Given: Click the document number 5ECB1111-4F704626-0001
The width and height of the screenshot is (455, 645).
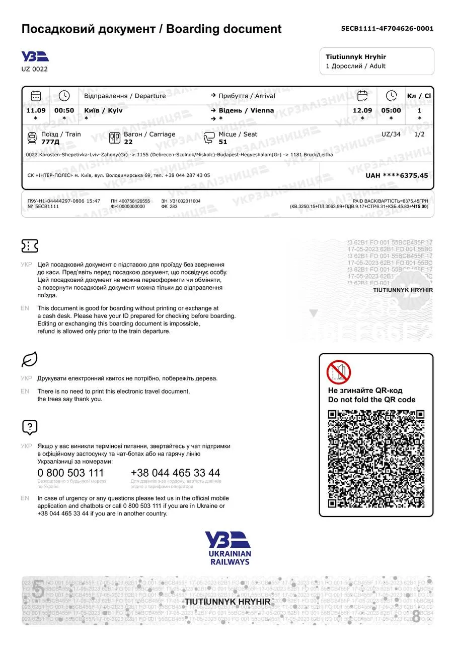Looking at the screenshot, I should (x=387, y=29).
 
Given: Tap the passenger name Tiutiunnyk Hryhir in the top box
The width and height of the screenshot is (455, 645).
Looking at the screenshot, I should (x=356, y=57).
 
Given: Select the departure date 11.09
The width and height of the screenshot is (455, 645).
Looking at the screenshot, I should (x=36, y=110).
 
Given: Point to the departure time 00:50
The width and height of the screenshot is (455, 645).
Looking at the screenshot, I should (x=64, y=110).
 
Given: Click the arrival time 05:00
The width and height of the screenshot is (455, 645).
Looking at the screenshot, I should (x=391, y=110).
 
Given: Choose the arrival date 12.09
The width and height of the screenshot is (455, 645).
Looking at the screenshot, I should (x=362, y=110).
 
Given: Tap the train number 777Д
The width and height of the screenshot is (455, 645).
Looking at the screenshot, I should (x=50, y=142).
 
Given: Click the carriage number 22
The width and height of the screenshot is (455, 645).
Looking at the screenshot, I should (x=128, y=142).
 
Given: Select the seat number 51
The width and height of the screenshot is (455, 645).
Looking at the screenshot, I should (x=223, y=142).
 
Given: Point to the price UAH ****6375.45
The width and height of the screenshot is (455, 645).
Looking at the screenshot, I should (x=397, y=175).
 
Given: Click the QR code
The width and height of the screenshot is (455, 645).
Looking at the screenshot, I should (x=376, y=459).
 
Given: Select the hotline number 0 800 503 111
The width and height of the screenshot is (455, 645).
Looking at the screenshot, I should (x=71, y=473).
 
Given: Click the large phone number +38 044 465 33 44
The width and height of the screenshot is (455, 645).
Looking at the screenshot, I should (x=175, y=473).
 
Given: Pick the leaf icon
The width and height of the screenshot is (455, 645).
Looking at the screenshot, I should (x=30, y=359).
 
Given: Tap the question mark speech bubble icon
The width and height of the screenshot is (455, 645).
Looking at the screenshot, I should (x=30, y=427).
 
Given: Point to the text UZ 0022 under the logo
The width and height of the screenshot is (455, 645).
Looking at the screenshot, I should (x=35, y=69).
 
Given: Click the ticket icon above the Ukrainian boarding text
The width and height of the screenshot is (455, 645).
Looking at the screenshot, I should (x=30, y=246).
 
